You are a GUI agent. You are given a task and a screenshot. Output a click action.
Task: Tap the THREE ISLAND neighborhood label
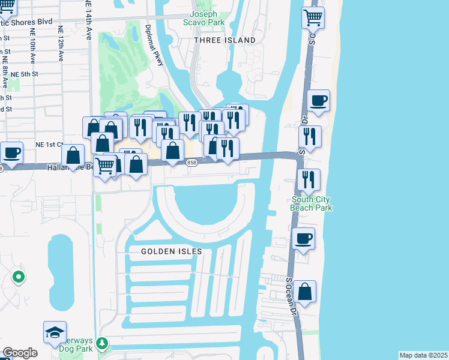click(x=224, y=40)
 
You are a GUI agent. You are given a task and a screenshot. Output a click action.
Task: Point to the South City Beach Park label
click(x=312, y=203)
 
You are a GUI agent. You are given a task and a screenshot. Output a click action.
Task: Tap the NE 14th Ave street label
click(x=88, y=21)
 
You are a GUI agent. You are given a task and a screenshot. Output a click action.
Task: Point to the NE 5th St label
click(x=25, y=74)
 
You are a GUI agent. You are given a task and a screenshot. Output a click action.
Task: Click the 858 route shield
click(x=191, y=163)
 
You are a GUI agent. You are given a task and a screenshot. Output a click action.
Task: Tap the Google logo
click(x=20, y=353)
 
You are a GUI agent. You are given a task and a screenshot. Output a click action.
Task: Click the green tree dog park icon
click(x=102, y=343)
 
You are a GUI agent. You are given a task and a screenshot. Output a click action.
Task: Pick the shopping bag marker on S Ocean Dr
click(x=305, y=292)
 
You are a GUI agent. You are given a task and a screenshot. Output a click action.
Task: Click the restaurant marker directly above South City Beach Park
click(x=308, y=179)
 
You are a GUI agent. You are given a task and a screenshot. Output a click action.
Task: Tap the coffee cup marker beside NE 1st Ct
click(x=11, y=152)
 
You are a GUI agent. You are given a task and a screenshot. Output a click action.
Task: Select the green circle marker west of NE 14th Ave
click(x=19, y=277)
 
